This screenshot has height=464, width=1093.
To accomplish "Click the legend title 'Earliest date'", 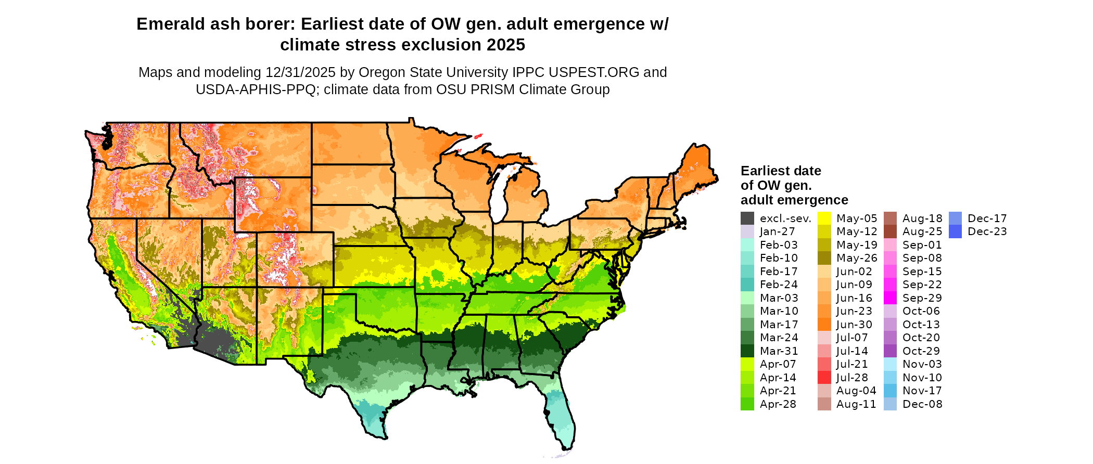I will (x=781, y=171).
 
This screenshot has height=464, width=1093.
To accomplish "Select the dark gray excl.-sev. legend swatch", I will (x=747, y=218).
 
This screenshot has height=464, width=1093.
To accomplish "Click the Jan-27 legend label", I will (x=777, y=231).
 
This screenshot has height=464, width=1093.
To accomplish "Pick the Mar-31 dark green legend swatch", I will (x=747, y=351).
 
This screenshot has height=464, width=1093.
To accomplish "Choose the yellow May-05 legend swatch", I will (x=824, y=218).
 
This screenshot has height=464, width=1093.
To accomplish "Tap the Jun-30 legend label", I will (x=854, y=325).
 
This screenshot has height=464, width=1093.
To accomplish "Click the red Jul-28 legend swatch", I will (x=824, y=377).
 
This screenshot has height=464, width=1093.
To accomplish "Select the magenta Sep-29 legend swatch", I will (x=891, y=298).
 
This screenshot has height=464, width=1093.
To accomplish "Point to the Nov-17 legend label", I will (x=922, y=391).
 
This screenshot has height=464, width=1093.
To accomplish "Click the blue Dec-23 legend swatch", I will (x=956, y=231).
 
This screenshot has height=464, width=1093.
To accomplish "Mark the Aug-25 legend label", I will (x=922, y=231).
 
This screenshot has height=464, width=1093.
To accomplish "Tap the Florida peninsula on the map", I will (x=562, y=416).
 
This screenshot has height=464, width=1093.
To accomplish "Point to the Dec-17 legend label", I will (x=987, y=218).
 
